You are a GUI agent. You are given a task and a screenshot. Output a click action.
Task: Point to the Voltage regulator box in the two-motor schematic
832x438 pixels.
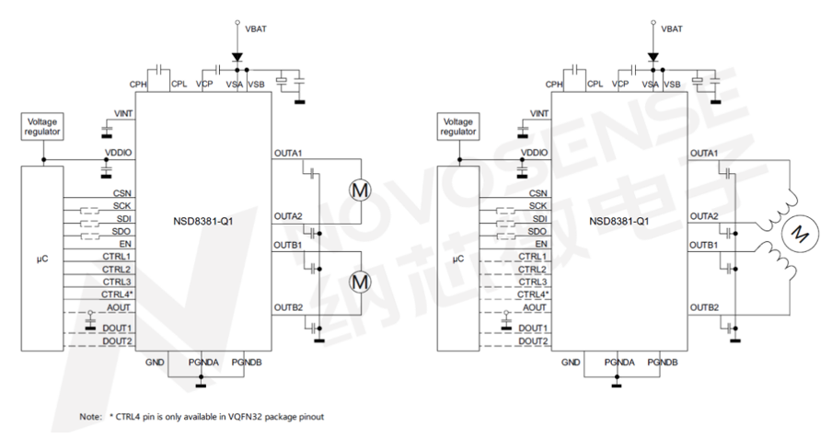pos(43,127)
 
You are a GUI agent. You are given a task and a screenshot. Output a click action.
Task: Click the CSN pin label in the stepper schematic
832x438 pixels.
pos(538,193)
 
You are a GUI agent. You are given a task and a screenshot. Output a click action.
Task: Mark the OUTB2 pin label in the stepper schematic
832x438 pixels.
pos(704,306)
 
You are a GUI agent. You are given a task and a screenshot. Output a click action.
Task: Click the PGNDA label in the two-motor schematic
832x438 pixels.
pos(203,363)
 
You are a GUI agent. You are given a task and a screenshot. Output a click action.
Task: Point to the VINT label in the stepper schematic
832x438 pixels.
pos(537,113)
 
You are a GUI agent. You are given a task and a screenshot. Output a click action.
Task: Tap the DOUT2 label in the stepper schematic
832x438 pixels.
pos(534,340)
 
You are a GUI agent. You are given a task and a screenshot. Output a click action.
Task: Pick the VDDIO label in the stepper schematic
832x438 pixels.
pos(534,152)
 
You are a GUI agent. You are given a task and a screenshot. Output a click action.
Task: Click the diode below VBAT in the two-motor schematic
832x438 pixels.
pos(237,57)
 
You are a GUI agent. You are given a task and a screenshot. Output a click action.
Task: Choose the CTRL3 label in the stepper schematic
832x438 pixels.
pos(534,281)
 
